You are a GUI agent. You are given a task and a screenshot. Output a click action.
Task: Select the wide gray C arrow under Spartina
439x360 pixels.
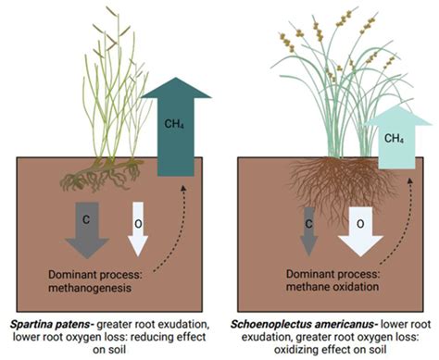click(x=87, y=230)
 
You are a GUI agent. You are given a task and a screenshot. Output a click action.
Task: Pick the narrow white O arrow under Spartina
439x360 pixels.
click(x=138, y=229)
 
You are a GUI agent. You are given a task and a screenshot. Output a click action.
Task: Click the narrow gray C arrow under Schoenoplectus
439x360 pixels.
click(x=309, y=231)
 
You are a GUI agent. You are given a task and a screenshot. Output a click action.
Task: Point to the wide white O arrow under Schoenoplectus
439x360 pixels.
click(x=360, y=231)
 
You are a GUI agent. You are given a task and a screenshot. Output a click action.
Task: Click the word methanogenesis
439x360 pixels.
click(x=90, y=288)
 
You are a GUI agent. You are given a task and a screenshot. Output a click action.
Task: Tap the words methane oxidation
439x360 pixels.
click(x=332, y=287)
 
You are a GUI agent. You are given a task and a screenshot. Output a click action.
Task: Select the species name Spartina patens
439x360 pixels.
click(x=52, y=325)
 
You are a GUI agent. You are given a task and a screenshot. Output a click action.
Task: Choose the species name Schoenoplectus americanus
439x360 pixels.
click(x=304, y=325)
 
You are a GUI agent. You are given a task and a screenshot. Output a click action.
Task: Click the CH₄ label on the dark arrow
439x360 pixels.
click(x=174, y=124)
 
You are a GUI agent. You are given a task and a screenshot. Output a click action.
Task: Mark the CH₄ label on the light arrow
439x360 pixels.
click(x=394, y=139)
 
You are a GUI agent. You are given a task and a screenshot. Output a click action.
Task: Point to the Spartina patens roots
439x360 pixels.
click(x=102, y=175)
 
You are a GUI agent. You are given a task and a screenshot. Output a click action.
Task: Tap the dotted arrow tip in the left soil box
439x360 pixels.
click(x=183, y=187)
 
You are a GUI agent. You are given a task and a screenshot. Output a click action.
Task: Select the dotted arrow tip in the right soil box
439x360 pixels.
click(x=410, y=180)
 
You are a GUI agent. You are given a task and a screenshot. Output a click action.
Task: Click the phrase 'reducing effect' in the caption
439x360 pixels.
click(x=169, y=337)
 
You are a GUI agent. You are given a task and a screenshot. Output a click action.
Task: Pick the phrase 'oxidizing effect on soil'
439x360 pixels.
click(x=331, y=350)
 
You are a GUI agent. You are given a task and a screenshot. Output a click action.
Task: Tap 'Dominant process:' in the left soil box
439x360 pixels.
click(x=95, y=275)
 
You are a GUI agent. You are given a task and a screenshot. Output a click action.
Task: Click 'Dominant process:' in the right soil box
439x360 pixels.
click(x=333, y=274)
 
